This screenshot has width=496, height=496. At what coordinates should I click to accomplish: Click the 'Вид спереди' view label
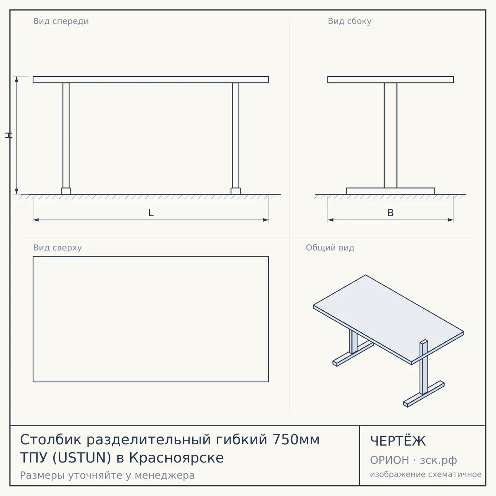tap(61, 21)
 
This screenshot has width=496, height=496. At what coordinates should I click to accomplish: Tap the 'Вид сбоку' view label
tap(350, 21)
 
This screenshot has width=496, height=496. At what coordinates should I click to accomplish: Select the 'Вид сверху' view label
tap(57, 248)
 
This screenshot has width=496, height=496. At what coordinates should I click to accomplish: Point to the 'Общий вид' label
tap(330, 248)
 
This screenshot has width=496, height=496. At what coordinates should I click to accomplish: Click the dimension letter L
tap(151, 213)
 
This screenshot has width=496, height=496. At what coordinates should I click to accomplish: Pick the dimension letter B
tap(391, 213)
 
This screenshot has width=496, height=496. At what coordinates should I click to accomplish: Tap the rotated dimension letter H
tap(9, 136)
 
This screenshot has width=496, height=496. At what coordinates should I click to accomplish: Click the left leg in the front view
tap(66, 136)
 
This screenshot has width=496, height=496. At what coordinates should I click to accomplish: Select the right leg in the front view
tap(236, 136)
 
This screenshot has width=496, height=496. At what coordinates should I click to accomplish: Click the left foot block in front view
tap(66, 191)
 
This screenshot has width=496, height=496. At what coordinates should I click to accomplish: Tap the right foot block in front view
tap(236, 191)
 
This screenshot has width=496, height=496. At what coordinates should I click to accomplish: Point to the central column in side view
tap(391, 136)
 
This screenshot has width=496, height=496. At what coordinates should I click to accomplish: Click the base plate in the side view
tap(391, 191)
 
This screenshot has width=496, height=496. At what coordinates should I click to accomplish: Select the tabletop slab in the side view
tap(391, 79)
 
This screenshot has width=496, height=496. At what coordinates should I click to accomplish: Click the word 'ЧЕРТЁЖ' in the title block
tap(398, 441)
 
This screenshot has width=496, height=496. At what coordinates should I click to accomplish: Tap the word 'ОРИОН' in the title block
tap(389, 460)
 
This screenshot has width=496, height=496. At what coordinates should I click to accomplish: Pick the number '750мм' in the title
tap(296, 440)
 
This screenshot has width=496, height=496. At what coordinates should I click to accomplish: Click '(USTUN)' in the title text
tap(81, 458)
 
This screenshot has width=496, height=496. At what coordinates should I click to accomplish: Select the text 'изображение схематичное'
tap(426, 475)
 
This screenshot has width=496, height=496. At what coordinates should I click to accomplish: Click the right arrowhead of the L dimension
tap(266, 220)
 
